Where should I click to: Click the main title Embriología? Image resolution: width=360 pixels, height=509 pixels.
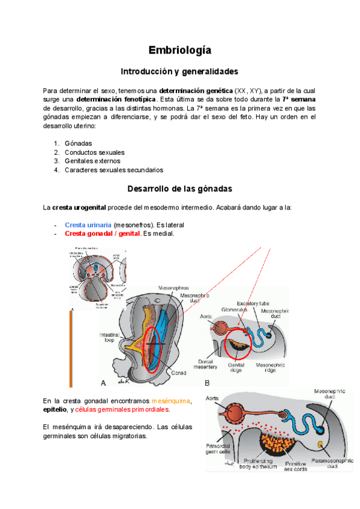pyautogui.click(x=179, y=50)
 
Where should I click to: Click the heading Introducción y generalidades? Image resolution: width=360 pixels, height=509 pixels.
pyautogui.click(x=179, y=71)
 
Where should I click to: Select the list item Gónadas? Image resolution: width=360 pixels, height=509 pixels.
pyautogui.click(x=78, y=143)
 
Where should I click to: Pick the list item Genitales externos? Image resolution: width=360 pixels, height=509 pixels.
pyautogui.click(x=92, y=161)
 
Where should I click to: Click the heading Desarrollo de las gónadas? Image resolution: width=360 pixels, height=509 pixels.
pyautogui.click(x=179, y=188)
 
